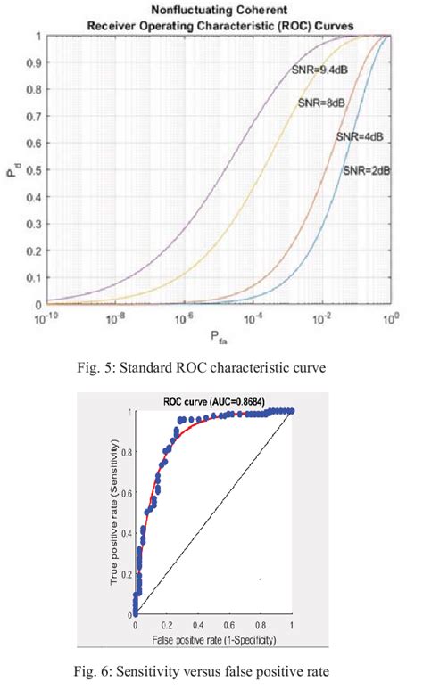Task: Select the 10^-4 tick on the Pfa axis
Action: [x=253, y=316]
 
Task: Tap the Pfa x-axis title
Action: [x=218, y=336]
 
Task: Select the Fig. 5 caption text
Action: [x=211, y=364]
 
